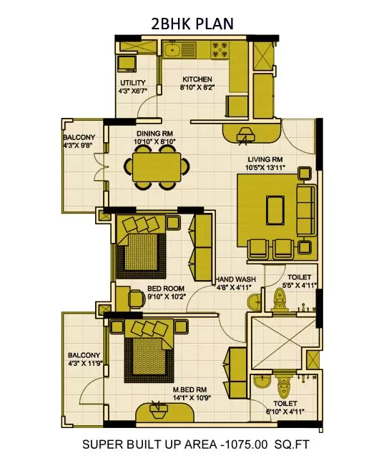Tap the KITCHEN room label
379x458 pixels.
pos(197,79)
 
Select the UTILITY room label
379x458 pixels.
pos(132,83)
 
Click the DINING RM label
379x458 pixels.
pos(155,134)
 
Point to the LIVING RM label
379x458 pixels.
pos(266,159)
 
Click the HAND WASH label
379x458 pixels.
pos(234,279)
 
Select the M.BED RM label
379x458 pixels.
pos(190,390)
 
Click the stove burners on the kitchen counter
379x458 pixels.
pos(221,50)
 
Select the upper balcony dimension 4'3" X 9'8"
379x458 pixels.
pos(78,145)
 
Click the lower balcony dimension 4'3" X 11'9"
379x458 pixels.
pos(83,364)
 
